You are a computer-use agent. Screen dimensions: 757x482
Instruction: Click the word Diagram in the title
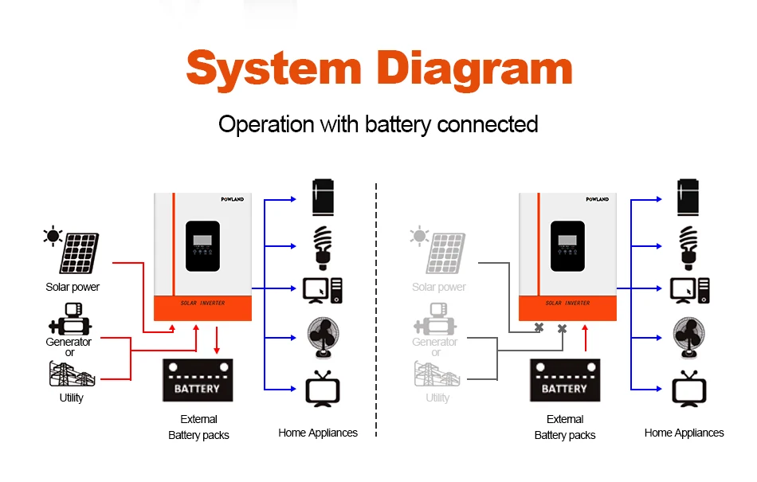(x=475, y=70)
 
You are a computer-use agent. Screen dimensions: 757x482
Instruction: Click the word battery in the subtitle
(x=398, y=124)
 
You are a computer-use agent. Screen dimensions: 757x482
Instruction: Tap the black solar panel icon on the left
(x=72, y=249)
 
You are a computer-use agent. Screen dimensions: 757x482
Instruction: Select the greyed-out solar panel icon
(x=438, y=249)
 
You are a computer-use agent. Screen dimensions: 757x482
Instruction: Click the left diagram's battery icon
(x=198, y=380)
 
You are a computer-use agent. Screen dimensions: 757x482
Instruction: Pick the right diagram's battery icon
(x=565, y=380)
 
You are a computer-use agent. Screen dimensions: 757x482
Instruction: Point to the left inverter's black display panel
(x=202, y=246)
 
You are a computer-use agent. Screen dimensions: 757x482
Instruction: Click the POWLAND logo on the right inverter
(x=597, y=199)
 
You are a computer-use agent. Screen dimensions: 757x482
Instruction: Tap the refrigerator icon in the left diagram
(x=323, y=197)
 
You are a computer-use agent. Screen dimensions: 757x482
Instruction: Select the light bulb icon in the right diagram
(x=688, y=248)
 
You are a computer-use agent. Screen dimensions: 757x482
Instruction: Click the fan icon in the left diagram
(x=323, y=338)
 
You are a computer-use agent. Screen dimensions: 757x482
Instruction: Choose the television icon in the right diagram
(x=689, y=389)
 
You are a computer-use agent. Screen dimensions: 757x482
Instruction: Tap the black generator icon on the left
(x=70, y=319)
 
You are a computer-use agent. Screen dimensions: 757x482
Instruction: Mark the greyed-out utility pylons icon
(x=437, y=374)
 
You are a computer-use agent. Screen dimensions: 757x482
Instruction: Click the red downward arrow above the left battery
(x=217, y=340)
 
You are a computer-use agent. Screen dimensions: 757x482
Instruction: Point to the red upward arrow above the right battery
(x=586, y=338)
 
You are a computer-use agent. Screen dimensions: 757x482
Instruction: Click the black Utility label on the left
(x=71, y=398)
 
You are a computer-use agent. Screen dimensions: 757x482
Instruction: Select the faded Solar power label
(x=439, y=287)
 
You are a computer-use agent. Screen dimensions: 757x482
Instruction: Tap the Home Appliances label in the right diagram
(x=684, y=433)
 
